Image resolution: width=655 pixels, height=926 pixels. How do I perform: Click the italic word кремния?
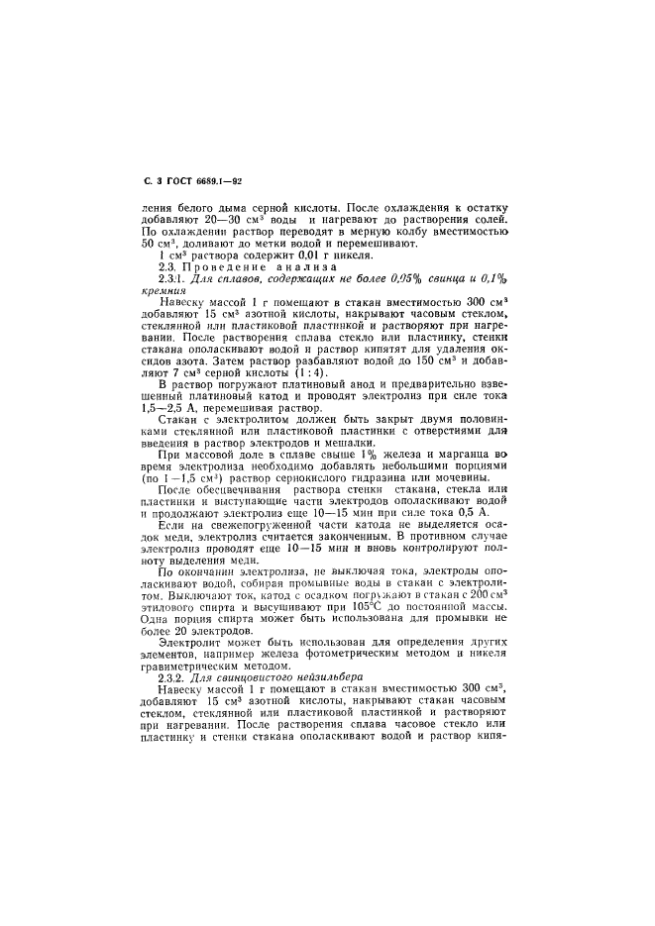tap(165, 293)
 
